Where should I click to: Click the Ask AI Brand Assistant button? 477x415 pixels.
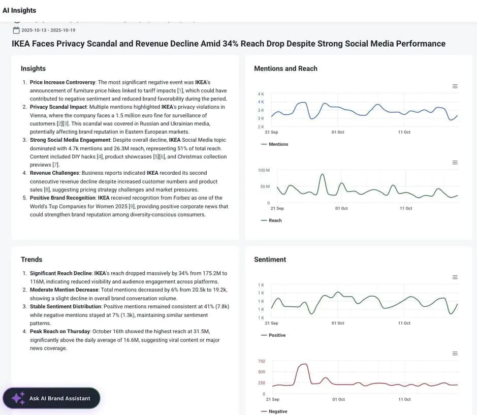click(x=51, y=398)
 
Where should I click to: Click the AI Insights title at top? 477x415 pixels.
click(x=19, y=10)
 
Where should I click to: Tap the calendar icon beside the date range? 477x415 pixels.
click(x=16, y=30)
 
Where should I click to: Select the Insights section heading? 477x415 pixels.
click(x=33, y=69)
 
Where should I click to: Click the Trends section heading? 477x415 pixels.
click(x=31, y=260)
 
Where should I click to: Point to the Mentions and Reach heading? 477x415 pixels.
click(x=285, y=69)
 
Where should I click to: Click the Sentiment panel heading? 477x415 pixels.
click(x=270, y=260)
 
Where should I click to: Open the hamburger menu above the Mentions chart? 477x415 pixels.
click(x=455, y=86)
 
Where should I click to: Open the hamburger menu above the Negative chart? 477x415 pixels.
click(x=455, y=354)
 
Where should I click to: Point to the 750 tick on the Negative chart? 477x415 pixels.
click(x=262, y=361)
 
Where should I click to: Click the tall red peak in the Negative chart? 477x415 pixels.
click(x=304, y=364)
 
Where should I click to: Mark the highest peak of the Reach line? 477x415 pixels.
click(x=322, y=175)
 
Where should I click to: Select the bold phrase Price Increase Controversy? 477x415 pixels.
click(x=62, y=82)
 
